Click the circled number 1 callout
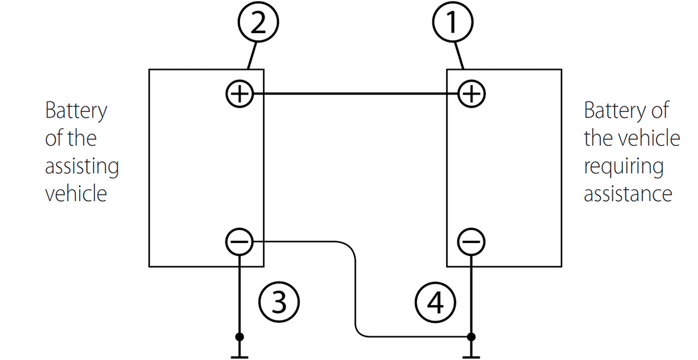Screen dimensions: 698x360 pyautogui.click(x=452, y=21)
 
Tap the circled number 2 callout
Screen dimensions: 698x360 pyautogui.click(x=258, y=21)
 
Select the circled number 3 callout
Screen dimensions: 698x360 pyautogui.click(x=279, y=303)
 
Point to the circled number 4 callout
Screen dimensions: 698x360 pyautogui.click(x=436, y=303)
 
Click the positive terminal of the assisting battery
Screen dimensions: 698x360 pyautogui.click(x=239, y=94)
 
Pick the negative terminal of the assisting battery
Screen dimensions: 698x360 pyautogui.click(x=239, y=242)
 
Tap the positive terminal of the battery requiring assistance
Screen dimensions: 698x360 pyautogui.click(x=472, y=94)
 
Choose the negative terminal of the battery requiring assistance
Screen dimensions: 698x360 pyautogui.click(x=472, y=242)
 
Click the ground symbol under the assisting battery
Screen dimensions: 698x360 pyautogui.click(x=239, y=352)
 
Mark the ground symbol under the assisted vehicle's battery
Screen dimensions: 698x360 pyautogui.click(x=472, y=352)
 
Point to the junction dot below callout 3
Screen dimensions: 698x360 pyautogui.click(x=239, y=337)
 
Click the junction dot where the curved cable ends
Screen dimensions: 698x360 pyautogui.click(x=472, y=337)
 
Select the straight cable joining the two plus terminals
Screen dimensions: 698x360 pyautogui.click(x=355, y=94)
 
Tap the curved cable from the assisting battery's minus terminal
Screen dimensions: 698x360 pyautogui.click(x=356, y=289)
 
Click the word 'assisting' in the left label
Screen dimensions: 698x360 pyautogui.click(x=82, y=167)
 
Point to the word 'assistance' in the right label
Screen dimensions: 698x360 pyautogui.click(x=628, y=194)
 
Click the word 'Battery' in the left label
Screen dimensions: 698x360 pyautogui.click(x=76, y=111)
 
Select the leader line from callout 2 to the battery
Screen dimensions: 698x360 pyautogui.click(x=252, y=55)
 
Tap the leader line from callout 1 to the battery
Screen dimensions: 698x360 pyautogui.click(x=459, y=55)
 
